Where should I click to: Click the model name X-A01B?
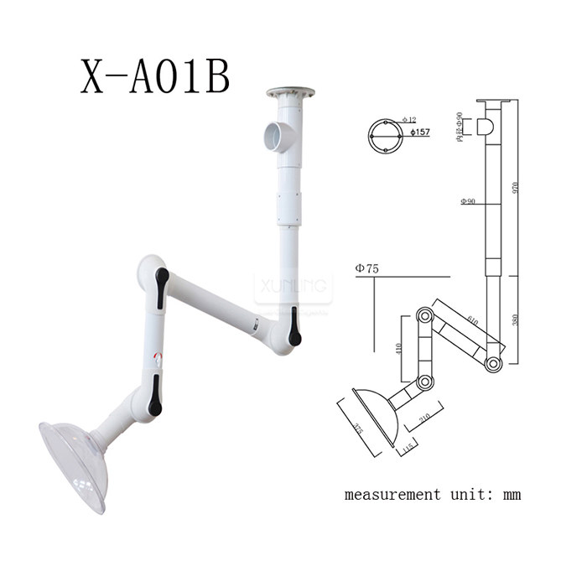pyautogui.click(x=154, y=77)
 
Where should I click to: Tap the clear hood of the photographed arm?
pyautogui.click(x=74, y=465)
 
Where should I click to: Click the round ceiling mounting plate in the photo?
pyautogui.click(x=290, y=91)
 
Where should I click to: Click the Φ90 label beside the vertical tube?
pyautogui.click(x=468, y=201)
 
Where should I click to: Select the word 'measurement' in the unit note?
pyautogui.click(x=390, y=494)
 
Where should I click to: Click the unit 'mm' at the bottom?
pyautogui.click(x=511, y=494)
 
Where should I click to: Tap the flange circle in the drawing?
pyautogui.click(x=383, y=135)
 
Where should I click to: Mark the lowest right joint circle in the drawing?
pyautogui.click(x=494, y=364)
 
